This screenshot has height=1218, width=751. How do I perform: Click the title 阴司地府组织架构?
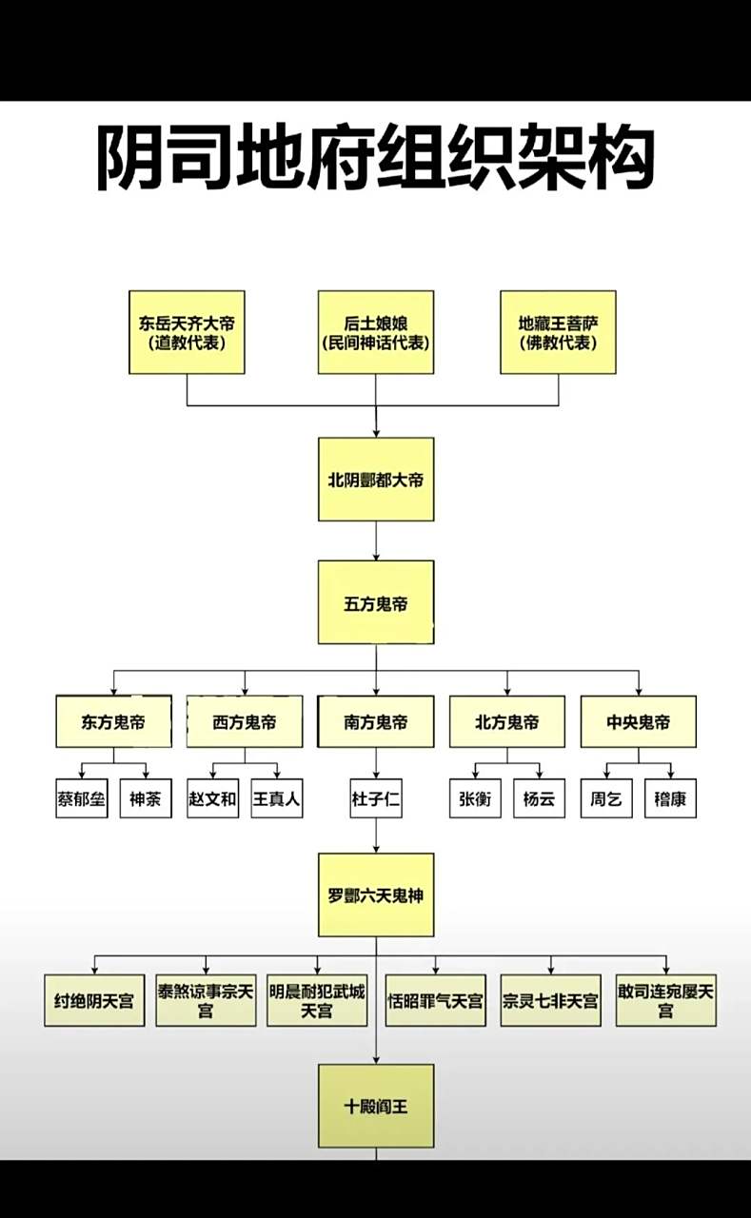(375, 158)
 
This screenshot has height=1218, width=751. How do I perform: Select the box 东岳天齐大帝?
(187, 332)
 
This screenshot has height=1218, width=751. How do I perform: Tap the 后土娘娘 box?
(375, 332)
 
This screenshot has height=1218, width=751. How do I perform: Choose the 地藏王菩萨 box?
(559, 332)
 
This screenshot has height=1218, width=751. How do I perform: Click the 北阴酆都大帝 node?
(376, 480)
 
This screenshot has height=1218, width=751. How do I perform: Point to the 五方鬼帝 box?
(376, 602)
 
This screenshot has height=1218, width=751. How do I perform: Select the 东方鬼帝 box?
(114, 721)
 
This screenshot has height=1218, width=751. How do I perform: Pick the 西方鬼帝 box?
(245, 721)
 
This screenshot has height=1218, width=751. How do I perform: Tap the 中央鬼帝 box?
(638, 721)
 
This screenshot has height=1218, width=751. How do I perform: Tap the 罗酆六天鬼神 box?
(376, 895)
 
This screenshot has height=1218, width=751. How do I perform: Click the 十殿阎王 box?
(376, 1106)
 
